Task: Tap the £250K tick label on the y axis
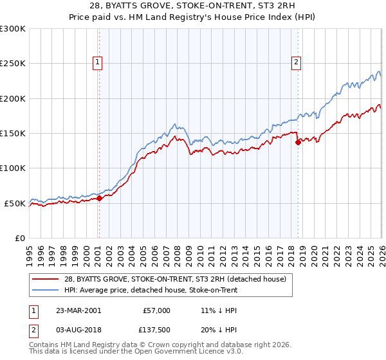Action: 13,64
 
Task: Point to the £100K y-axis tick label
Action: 13,168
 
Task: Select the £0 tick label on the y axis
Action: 19,238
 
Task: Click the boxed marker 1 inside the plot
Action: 98,62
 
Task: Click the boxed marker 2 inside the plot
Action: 296,62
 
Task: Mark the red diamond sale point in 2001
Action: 100,199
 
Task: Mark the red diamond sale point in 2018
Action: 298,143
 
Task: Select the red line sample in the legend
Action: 46,279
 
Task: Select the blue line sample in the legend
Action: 46,290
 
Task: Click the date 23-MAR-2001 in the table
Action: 78,310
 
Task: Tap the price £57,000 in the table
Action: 157,310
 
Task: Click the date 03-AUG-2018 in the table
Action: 78,329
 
